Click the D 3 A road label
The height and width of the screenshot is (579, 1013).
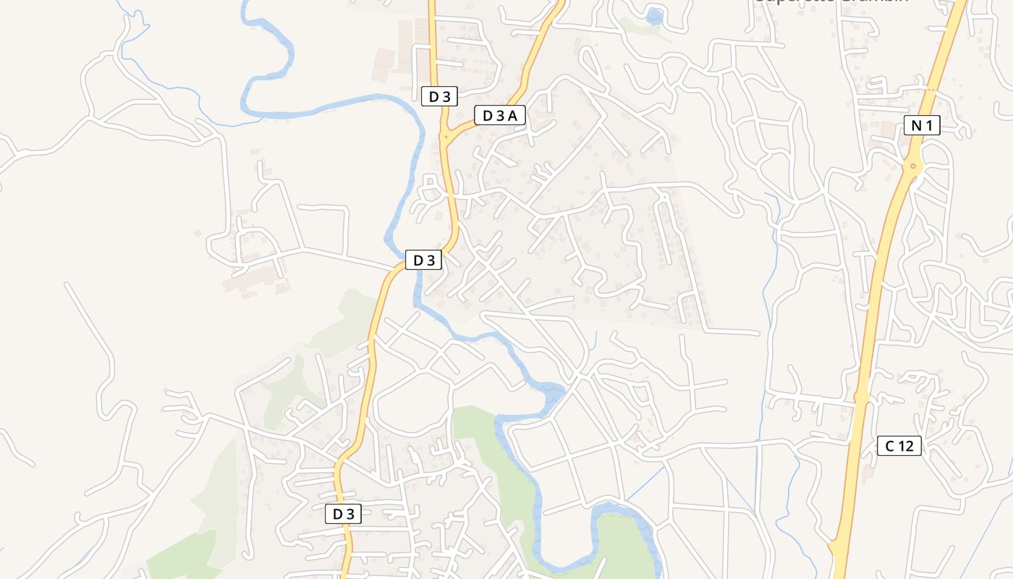pyautogui.click(x=500, y=115)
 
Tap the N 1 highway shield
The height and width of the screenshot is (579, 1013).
pyautogui.click(x=922, y=125)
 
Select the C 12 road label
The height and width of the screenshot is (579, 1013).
pyautogui.click(x=899, y=446)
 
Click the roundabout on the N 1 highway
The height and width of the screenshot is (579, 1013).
pyautogui.click(x=913, y=166)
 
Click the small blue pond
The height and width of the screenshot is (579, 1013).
pyautogui.click(x=654, y=16)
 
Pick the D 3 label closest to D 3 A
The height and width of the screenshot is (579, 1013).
pyautogui.click(x=439, y=96)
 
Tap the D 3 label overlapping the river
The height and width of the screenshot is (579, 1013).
pyautogui.click(x=423, y=260)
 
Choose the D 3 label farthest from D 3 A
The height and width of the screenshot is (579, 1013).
pyautogui.click(x=343, y=514)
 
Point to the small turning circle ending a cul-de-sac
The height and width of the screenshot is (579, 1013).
pyautogui.click(x=663, y=196)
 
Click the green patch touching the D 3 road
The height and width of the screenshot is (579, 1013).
pyautogui.click(x=347, y=318)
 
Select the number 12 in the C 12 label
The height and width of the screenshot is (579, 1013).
pyautogui.click(x=905, y=446)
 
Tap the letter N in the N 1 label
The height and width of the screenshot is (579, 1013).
pyautogui.click(x=916, y=125)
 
